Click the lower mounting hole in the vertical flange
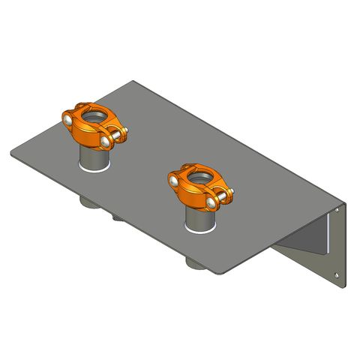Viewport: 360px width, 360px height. (x=345, y=283)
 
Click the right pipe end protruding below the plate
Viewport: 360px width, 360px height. (x=193, y=263)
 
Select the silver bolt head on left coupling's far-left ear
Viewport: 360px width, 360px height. (x=67, y=118)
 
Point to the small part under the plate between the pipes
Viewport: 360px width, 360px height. (x=118, y=217)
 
